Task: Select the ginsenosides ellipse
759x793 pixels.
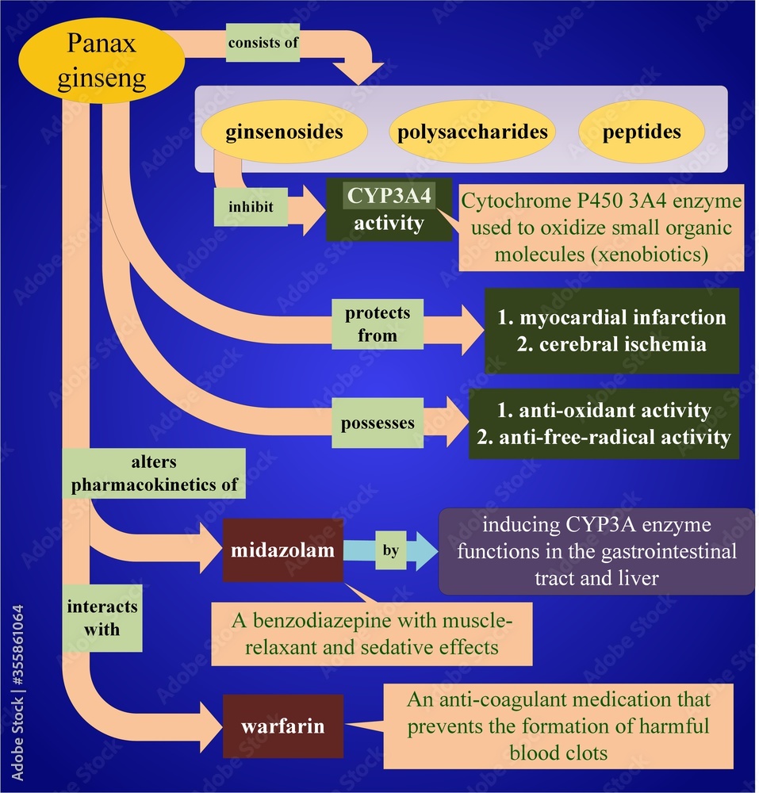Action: click(284, 131)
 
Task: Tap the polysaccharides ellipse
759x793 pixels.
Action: click(472, 131)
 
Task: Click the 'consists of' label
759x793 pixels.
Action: click(263, 43)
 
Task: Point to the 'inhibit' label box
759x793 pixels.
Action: click(251, 207)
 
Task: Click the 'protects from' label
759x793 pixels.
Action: click(378, 324)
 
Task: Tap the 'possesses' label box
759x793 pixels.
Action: click(378, 423)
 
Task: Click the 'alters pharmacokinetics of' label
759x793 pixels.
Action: click(155, 474)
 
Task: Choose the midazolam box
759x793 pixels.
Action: click(282, 550)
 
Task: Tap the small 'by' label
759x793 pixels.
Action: click(390, 550)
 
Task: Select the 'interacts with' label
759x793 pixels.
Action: click(102, 618)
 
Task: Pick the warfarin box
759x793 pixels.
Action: click(282, 725)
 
